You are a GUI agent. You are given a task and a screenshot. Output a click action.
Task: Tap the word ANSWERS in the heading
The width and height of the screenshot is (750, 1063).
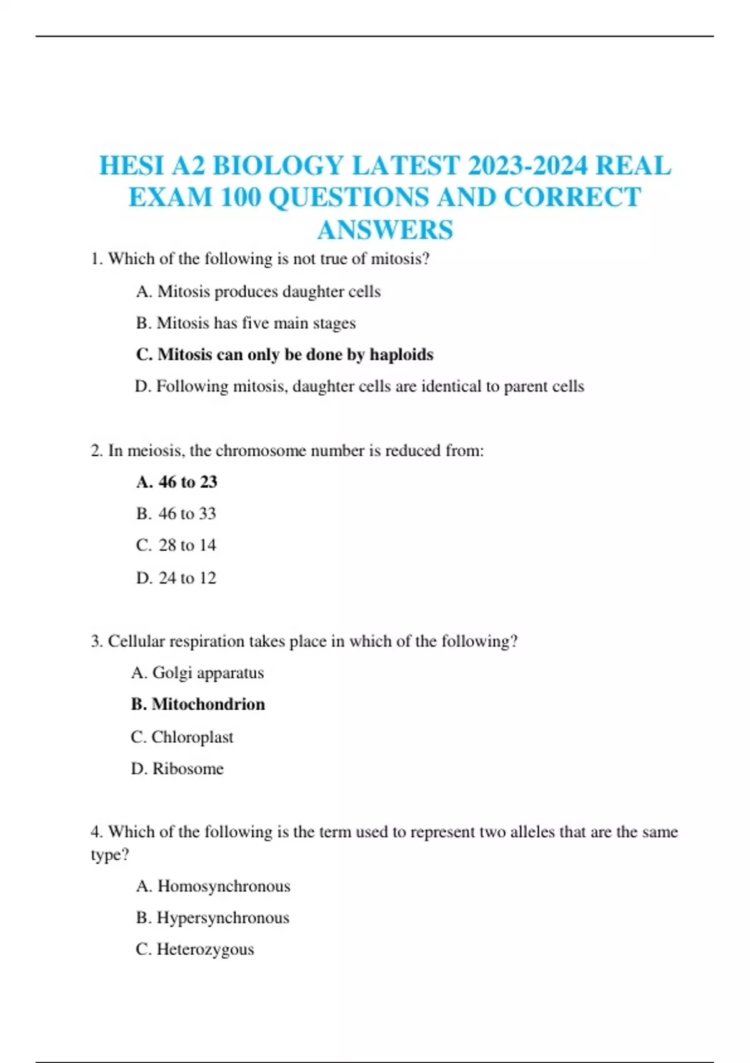(385, 230)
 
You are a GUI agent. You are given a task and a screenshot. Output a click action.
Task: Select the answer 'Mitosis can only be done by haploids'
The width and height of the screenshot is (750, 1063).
(284, 355)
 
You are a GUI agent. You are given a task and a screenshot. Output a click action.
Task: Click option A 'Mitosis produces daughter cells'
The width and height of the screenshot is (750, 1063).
(258, 291)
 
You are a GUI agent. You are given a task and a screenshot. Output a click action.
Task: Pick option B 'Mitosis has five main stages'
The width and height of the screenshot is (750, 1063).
(246, 323)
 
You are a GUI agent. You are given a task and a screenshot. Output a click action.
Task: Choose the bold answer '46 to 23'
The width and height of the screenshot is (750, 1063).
(177, 482)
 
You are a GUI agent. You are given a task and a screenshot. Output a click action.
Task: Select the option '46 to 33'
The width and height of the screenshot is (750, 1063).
(176, 514)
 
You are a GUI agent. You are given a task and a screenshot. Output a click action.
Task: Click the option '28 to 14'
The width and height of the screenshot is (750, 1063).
(176, 545)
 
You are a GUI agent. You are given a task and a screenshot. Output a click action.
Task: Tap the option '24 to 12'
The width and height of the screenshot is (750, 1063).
(176, 578)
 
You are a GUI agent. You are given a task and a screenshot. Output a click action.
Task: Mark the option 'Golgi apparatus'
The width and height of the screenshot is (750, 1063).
(197, 673)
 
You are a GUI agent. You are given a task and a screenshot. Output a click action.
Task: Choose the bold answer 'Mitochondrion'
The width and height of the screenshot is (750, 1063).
(198, 705)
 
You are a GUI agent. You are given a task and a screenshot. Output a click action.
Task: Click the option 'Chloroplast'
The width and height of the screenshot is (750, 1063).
(182, 737)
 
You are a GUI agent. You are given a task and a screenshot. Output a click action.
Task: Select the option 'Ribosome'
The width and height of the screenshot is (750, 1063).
(177, 768)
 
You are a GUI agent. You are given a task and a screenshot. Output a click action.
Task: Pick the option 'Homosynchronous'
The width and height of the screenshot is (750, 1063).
(213, 886)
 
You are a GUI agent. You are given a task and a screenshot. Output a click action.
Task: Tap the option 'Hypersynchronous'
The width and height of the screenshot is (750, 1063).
(212, 918)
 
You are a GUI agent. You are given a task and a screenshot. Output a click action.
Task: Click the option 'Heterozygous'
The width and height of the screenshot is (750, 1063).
(195, 949)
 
